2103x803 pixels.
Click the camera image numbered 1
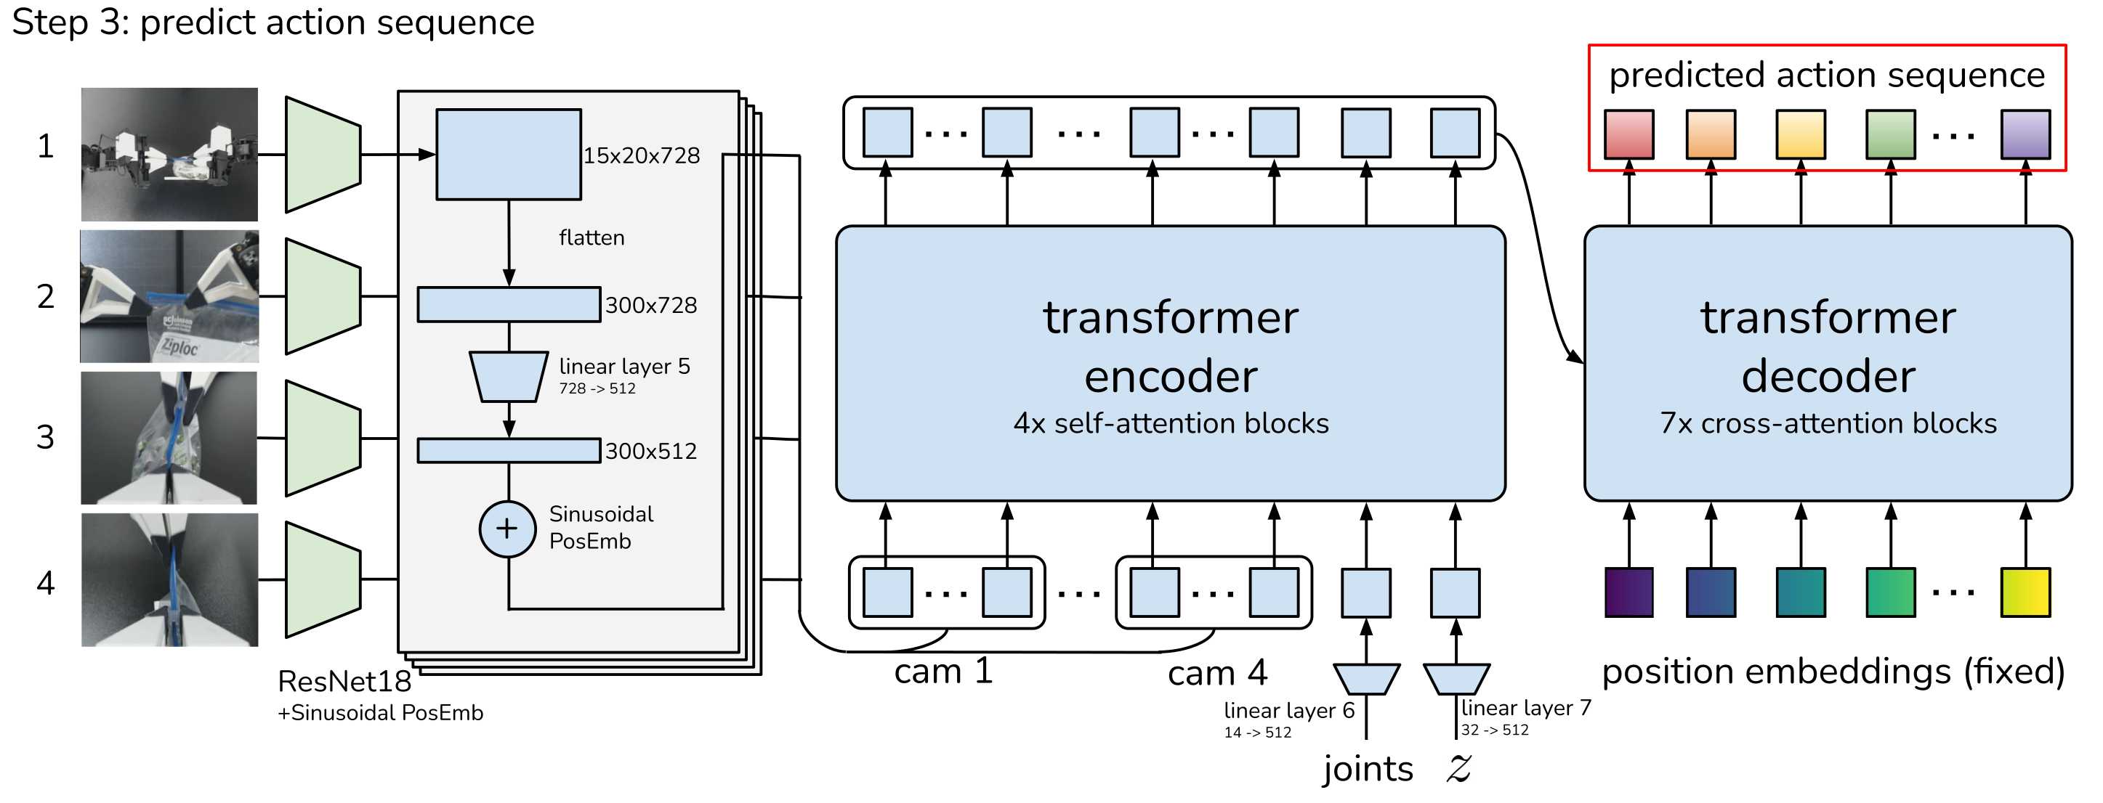pos(170,154)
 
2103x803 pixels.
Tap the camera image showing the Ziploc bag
pos(170,296)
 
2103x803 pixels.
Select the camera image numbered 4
pos(170,579)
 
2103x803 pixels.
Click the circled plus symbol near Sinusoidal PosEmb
pos(507,529)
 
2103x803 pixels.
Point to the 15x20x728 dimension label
pos(642,156)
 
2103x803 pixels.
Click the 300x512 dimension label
pos(650,452)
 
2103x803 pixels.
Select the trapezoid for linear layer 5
pos(509,377)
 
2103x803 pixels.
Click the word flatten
pos(592,237)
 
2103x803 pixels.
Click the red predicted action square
pos(1629,134)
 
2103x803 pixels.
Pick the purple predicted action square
pos(2025,134)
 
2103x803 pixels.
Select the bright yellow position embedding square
pos(2025,592)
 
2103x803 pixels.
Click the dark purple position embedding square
pos(1629,592)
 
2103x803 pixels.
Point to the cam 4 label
pos(1217,673)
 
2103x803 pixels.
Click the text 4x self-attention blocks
pos(1171,423)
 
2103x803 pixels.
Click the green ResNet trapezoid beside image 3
pos(323,439)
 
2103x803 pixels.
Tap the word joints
pos(1368,770)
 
